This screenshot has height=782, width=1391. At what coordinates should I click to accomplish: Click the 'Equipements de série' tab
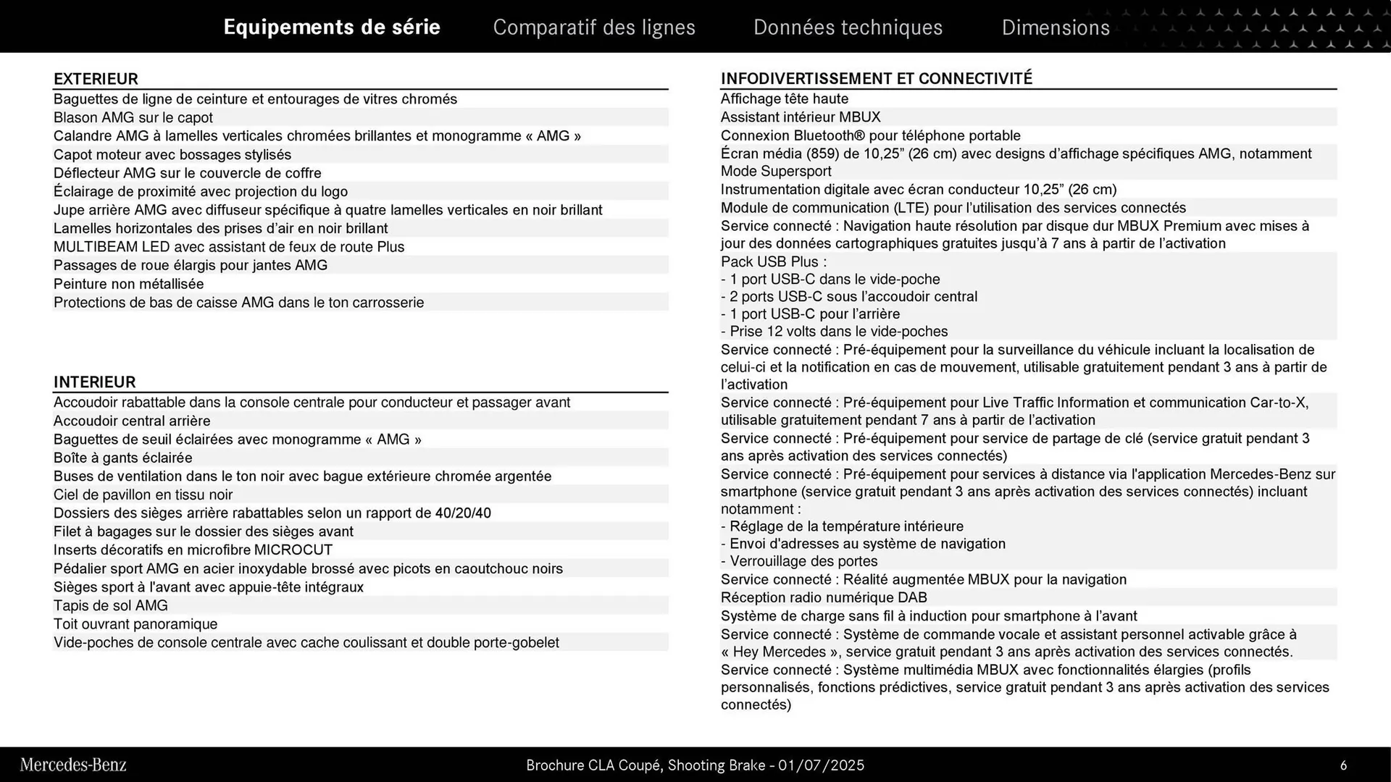pyautogui.click(x=332, y=27)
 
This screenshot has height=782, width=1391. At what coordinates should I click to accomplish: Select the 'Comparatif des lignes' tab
pyautogui.click(x=594, y=28)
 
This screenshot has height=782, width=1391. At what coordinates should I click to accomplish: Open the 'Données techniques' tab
pyautogui.click(x=848, y=28)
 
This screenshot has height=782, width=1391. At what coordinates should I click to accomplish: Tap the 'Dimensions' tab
pyautogui.click(x=1056, y=28)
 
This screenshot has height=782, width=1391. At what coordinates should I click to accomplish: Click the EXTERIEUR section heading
pyautogui.click(x=96, y=79)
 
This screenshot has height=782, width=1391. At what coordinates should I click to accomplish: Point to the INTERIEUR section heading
pyautogui.click(x=94, y=382)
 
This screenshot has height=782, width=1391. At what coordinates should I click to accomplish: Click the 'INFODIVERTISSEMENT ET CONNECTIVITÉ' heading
pyautogui.click(x=876, y=78)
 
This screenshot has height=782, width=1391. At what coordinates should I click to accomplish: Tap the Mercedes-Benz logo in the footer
pyautogui.click(x=73, y=765)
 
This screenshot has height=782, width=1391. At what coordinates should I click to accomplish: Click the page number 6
pyautogui.click(x=1343, y=765)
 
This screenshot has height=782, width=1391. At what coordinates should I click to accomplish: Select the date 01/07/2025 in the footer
pyautogui.click(x=821, y=765)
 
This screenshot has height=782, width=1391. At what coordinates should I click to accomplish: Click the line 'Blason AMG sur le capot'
pyautogui.click(x=133, y=117)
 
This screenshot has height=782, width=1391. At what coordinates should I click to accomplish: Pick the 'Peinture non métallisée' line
pyautogui.click(x=129, y=284)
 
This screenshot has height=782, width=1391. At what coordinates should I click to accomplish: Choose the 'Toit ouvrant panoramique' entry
pyautogui.click(x=135, y=624)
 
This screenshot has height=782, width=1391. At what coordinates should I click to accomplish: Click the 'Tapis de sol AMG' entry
pyautogui.click(x=111, y=605)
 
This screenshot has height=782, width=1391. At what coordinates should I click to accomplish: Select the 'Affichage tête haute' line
pyautogui.click(x=784, y=98)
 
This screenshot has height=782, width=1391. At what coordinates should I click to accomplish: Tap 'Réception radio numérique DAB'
pyautogui.click(x=824, y=597)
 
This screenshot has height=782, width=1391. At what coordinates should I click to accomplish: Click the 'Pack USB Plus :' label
pyautogui.click(x=773, y=261)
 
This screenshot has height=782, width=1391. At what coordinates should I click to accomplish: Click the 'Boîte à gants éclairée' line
pyautogui.click(x=123, y=458)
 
